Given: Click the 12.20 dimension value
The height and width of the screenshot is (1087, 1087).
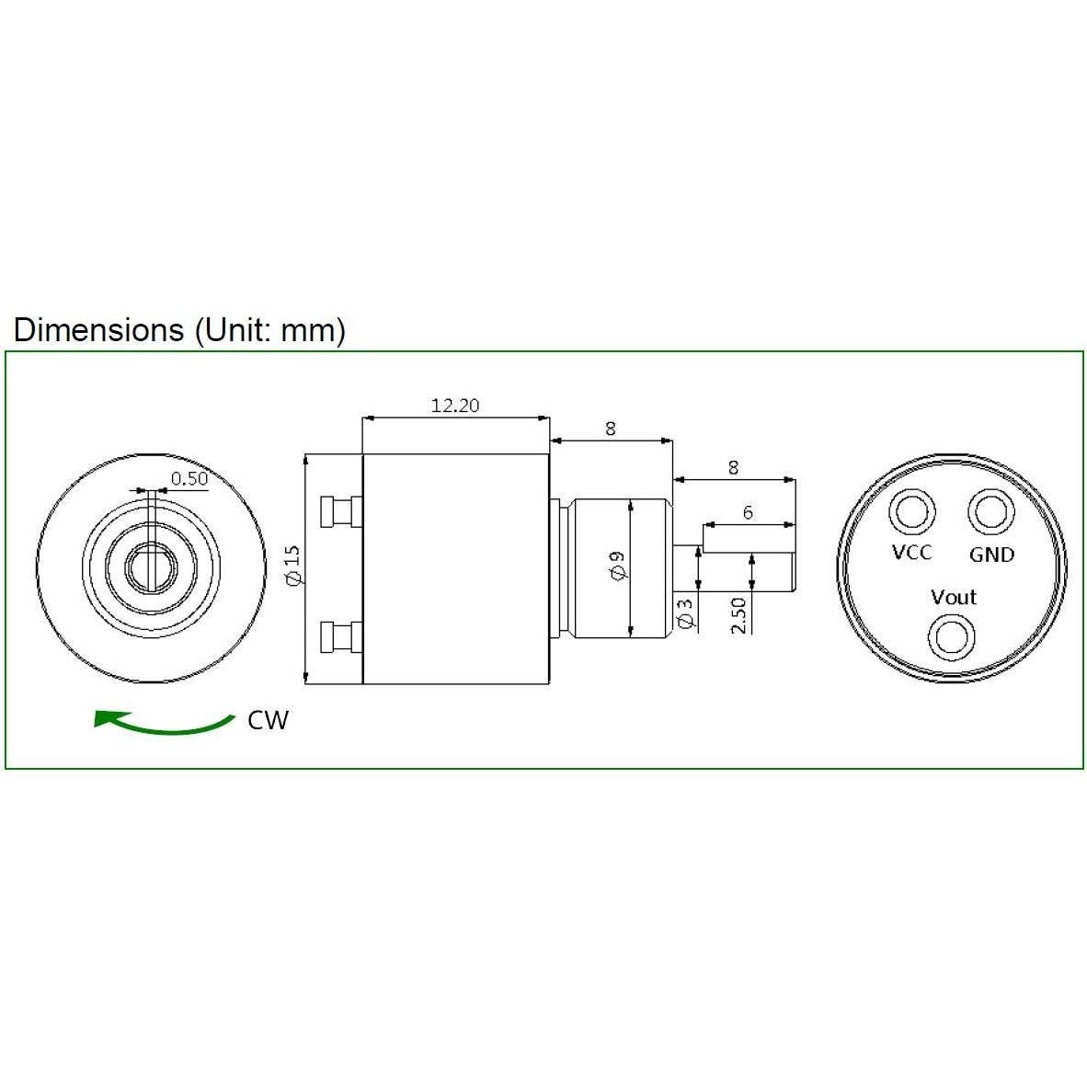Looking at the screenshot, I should (x=455, y=405).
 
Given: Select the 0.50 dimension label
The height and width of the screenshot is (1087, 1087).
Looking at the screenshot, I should (x=189, y=478).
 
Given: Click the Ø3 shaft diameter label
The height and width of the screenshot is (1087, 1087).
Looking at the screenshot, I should (x=684, y=613).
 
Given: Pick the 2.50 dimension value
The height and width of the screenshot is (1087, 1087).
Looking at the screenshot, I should (x=738, y=615).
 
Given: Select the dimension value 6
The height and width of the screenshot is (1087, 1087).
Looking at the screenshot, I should (x=748, y=512).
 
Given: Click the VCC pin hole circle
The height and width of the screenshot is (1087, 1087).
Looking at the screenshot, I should (x=911, y=510).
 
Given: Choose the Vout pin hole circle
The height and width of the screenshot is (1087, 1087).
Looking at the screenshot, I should (x=951, y=636).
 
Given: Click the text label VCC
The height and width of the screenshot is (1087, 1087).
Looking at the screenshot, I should (x=911, y=552).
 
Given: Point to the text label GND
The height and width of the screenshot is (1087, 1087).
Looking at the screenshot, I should (x=991, y=555).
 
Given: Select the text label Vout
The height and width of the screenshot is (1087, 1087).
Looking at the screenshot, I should (x=953, y=597).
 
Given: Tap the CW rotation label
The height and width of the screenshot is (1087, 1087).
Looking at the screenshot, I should (x=268, y=720).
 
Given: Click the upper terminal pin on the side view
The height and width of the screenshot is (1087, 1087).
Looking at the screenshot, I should (x=339, y=510).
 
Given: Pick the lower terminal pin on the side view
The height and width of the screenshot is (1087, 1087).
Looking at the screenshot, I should (x=339, y=636).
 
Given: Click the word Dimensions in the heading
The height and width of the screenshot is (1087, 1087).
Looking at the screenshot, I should (x=98, y=329).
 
